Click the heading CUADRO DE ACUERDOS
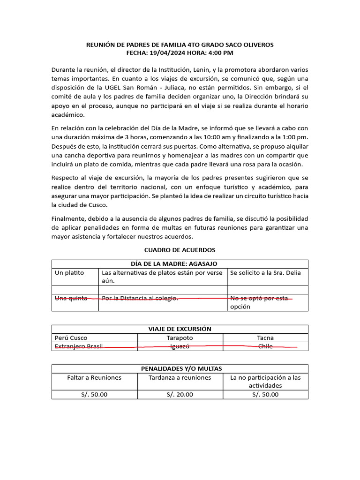180,250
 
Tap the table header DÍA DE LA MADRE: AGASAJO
180,264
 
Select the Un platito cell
69,273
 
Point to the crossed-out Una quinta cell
71,299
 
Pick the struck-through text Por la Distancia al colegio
140,299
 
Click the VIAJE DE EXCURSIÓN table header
180,329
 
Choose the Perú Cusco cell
71,337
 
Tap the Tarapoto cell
180,337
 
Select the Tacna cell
265,337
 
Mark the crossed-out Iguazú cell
180,346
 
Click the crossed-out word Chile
265,346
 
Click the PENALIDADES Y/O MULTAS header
180,369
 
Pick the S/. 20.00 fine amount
180,394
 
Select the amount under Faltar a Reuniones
94,394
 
